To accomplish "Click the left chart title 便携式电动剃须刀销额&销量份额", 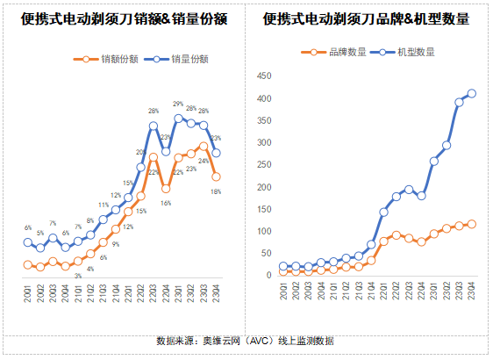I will coord(122,18).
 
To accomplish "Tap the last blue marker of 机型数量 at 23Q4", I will coord(472,93).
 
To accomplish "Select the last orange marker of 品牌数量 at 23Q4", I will coord(472,224).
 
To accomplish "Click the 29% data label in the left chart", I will coord(178,104).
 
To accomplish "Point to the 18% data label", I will coord(216,191).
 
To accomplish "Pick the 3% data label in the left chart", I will coord(77,276).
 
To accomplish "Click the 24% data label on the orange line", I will coord(203,162).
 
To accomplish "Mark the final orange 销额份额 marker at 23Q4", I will coord(216,176).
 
